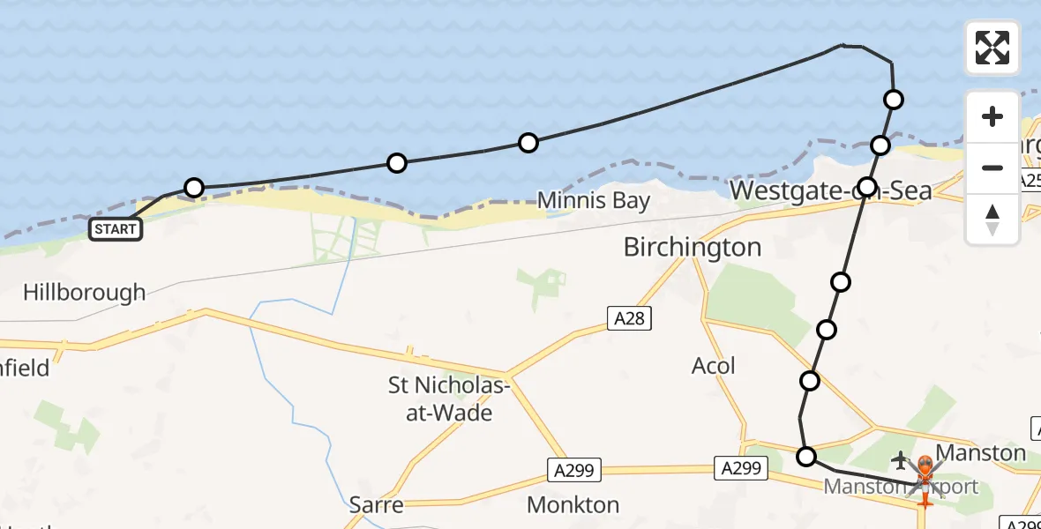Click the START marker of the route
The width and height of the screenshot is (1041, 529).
pyautogui.click(x=116, y=229)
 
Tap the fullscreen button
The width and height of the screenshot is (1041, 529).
pyautogui.click(x=992, y=48)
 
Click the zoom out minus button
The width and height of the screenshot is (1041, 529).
pyautogui.click(x=992, y=168)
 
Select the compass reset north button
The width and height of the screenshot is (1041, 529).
pyautogui.click(x=992, y=219)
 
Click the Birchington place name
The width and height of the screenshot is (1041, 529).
pyautogui.click(x=693, y=247)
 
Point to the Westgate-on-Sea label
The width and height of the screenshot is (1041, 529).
pyautogui.click(x=830, y=190)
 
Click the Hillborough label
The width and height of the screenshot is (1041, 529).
pyautogui.click(x=85, y=293)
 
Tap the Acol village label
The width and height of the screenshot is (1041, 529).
pyautogui.click(x=714, y=365)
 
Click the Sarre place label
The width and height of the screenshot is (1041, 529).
pyautogui.click(x=377, y=505)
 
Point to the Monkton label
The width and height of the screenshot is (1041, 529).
pyautogui.click(x=573, y=505)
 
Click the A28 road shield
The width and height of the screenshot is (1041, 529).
pyautogui.click(x=629, y=318)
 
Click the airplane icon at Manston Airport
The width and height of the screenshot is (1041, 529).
pyautogui.click(x=901, y=459)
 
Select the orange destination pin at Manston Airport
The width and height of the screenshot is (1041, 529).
pyautogui.click(x=925, y=467)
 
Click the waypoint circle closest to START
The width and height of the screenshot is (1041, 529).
pyautogui.click(x=194, y=187)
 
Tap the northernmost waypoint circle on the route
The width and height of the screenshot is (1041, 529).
pyautogui.click(x=894, y=99)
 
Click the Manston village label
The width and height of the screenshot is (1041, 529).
pyautogui.click(x=980, y=454)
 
